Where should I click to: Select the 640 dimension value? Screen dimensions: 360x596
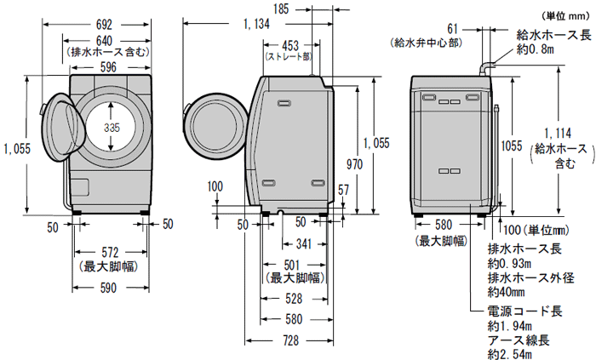[106, 39]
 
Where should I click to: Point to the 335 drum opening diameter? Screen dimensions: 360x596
[110, 128]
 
